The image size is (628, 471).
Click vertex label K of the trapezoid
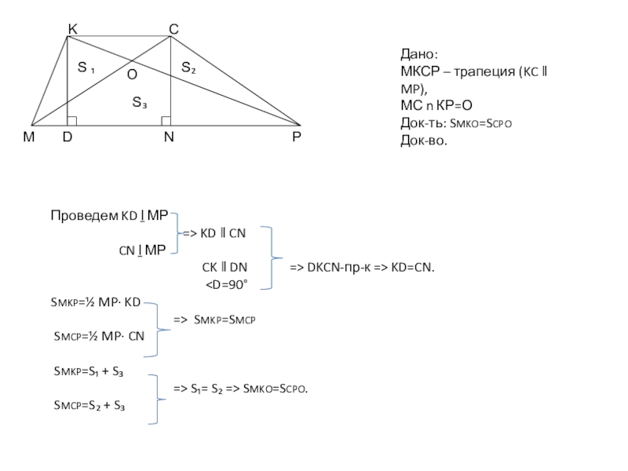(x=72, y=29)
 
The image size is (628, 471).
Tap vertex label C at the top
(x=173, y=29)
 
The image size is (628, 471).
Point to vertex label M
(x=29, y=137)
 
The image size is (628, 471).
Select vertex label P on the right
(x=297, y=137)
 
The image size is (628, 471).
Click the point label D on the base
(x=68, y=137)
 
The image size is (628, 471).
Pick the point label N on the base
(x=169, y=137)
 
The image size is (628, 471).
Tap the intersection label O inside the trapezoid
(x=132, y=75)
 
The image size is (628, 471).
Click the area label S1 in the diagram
(x=86, y=68)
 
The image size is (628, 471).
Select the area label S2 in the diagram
(x=188, y=68)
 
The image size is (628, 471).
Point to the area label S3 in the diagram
(x=140, y=102)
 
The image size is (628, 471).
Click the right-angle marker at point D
(x=72, y=121)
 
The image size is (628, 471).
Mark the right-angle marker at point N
(x=166, y=121)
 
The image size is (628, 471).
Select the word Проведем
(x=85, y=215)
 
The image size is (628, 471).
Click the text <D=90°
(x=227, y=285)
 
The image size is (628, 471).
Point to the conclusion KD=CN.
(x=413, y=267)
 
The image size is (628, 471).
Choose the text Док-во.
(x=424, y=141)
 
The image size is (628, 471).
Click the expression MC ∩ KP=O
(x=436, y=105)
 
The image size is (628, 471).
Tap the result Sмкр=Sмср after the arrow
(x=225, y=319)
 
